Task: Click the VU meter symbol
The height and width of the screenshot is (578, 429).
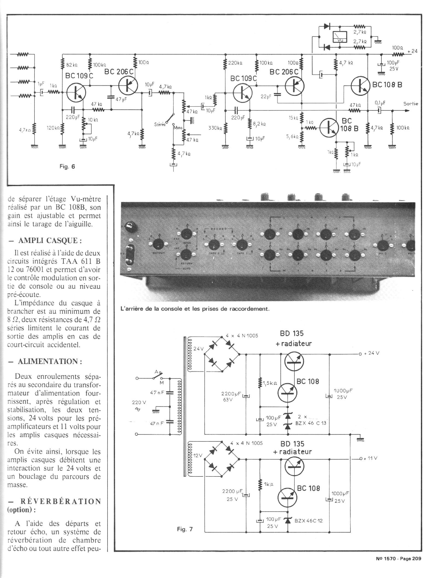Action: coord(340,37)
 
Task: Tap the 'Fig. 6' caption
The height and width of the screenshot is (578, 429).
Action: coord(67,166)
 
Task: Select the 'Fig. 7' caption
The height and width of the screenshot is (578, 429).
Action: coord(185,529)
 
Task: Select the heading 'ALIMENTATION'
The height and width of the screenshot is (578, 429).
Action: coord(50,361)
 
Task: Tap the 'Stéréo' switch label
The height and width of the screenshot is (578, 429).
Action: coord(160,124)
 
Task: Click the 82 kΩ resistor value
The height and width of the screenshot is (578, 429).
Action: coord(72,65)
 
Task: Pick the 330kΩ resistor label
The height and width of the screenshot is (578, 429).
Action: coord(215,128)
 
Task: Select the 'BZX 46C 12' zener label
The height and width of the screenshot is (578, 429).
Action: coord(308,521)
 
